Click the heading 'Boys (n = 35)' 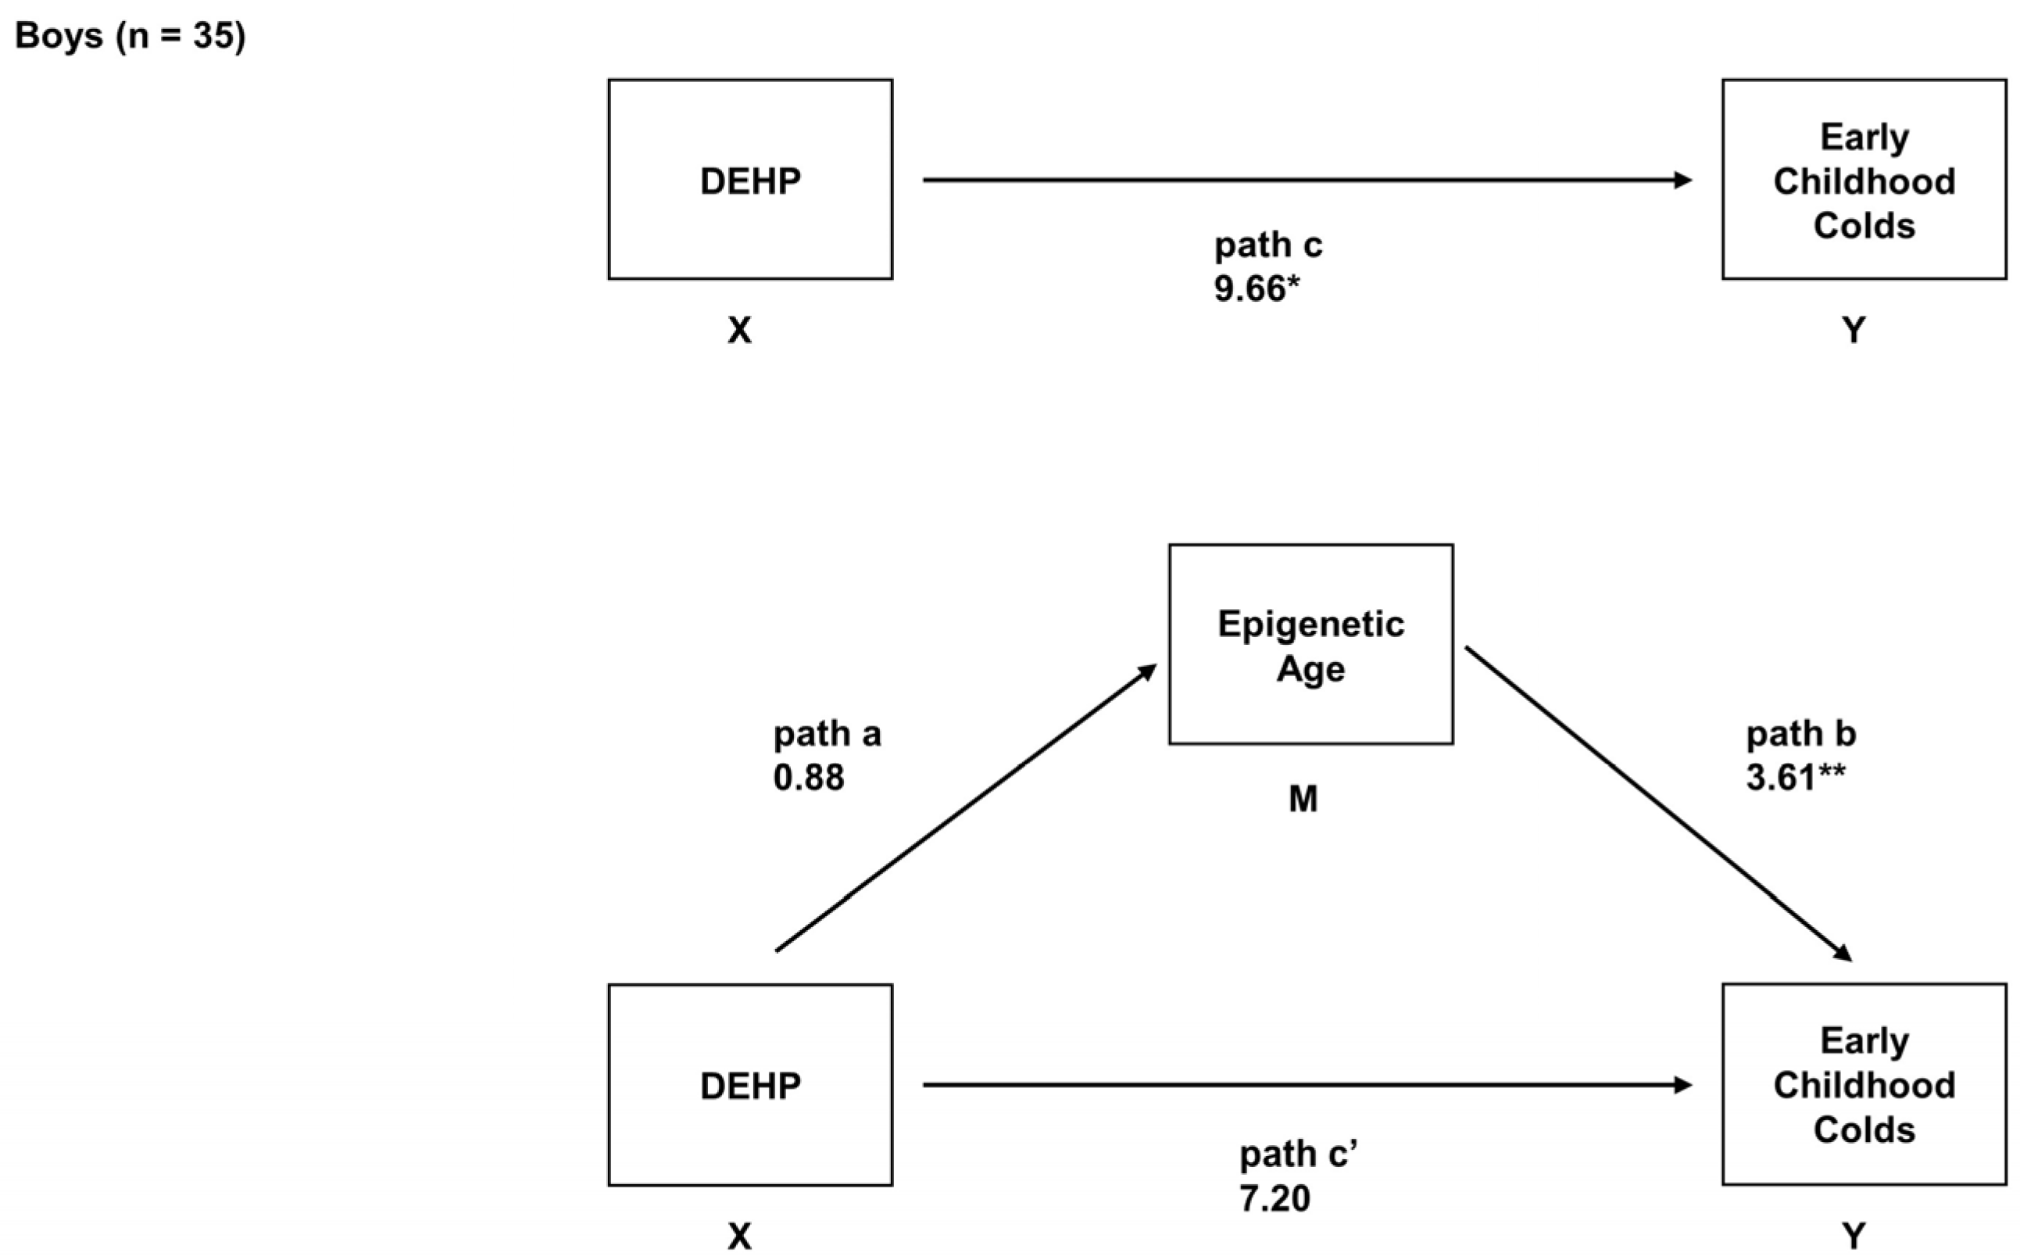(130, 37)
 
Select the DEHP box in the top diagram (749, 179)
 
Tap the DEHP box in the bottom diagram (749, 1084)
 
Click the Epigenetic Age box (1310, 644)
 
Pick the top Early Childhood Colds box (1864, 179)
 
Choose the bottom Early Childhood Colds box (1864, 1084)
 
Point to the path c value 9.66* (1256, 288)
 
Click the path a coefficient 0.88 (808, 778)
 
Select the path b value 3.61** (1795, 778)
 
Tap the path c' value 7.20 (1275, 1198)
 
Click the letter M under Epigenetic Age (1303, 799)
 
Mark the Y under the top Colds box (1854, 331)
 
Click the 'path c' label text (1267, 245)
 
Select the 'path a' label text (826, 734)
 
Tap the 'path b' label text (1801, 734)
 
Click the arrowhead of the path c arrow (1682, 179)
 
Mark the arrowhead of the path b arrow (1843, 954)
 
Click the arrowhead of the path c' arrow (1682, 1085)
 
